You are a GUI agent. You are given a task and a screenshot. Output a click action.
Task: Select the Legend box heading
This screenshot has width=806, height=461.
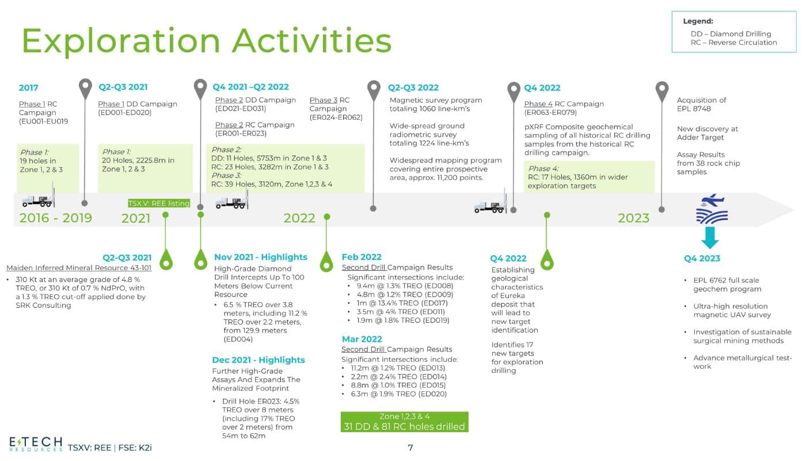click(698, 21)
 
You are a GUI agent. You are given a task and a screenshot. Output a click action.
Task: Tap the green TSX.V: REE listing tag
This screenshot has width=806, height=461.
click(159, 203)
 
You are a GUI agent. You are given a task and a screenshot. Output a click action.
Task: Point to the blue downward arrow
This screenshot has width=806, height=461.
click(710, 237)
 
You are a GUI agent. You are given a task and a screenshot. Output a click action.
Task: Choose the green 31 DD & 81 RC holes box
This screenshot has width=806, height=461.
click(404, 422)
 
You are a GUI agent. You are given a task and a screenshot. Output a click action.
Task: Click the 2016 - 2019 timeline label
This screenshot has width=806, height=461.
click(56, 218)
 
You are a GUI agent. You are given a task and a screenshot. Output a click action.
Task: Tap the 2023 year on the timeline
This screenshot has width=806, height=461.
click(633, 218)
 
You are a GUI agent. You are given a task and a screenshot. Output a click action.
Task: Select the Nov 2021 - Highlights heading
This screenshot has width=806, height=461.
click(261, 257)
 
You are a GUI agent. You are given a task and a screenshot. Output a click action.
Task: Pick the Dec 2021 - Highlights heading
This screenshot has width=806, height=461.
click(258, 360)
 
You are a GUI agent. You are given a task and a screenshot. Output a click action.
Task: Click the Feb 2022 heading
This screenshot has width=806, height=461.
click(362, 257)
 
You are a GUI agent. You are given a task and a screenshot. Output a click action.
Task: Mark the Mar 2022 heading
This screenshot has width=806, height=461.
click(362, 339)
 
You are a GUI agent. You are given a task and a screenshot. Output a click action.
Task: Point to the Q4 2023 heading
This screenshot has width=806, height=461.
click(702, 258)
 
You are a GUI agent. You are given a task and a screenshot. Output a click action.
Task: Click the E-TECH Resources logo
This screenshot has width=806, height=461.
click(36, 444)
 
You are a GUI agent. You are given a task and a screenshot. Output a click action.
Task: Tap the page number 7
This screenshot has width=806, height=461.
click(410, 448)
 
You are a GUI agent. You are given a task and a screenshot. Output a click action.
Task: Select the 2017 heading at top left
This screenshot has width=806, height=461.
click(28, 88)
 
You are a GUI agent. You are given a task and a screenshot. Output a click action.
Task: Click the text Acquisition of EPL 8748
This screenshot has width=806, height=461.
click(701, 104)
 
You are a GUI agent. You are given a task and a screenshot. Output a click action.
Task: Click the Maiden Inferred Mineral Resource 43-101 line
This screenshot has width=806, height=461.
click(79, 268)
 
